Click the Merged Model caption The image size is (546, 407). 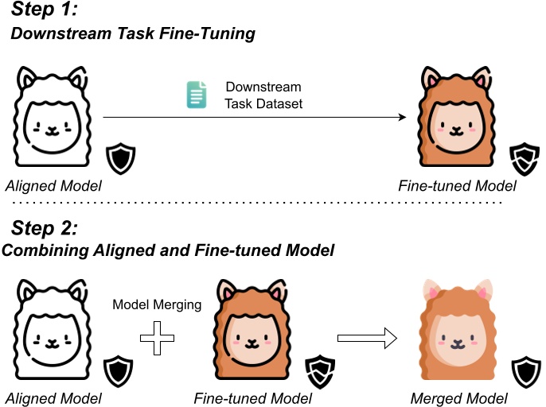pos(452,397)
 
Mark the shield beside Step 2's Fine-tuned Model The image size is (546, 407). pos(318,370)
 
